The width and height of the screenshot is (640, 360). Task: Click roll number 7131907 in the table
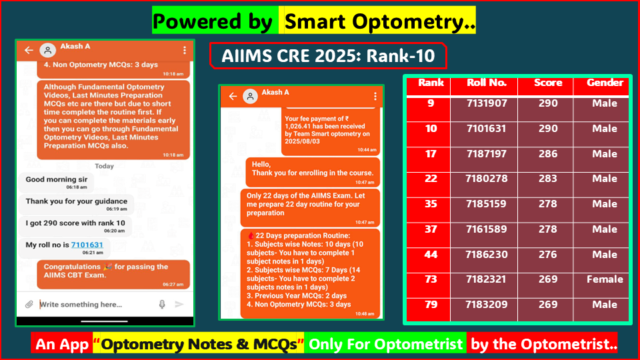(x=487, y=104)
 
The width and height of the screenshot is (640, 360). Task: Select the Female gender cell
(x=605, y=280)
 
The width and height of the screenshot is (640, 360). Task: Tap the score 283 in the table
(x=547, y=179)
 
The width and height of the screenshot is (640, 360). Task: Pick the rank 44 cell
(x=431, y=255)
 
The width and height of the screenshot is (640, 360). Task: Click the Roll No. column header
(x=487, y=83)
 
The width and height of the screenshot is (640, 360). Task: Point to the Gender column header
(x=605, y=83)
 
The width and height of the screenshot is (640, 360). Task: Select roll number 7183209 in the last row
(x=487, y=305)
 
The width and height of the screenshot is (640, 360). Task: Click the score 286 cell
(x=547, y=154)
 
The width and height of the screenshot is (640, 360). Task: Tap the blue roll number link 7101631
(x=87, y=245)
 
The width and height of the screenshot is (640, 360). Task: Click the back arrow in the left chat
(x=29, y=51)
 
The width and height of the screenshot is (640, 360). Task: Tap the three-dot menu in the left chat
(x=185, y=51)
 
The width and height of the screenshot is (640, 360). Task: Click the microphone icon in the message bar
(x=162, y=304)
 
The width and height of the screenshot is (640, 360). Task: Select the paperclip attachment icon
(x=29, y=304)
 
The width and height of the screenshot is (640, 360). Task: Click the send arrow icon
(x=179, y=304)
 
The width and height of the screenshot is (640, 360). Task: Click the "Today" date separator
(x=105, y=166)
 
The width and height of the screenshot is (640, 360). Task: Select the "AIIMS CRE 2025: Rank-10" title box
(x=327, y=56)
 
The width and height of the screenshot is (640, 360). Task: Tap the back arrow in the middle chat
(x=233, y=96)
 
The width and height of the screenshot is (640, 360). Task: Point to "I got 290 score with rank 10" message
(x=75, y=223)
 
